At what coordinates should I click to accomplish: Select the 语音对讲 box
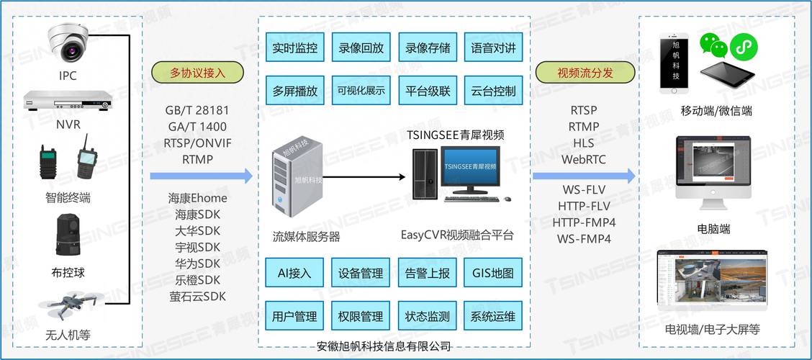click(493, 49)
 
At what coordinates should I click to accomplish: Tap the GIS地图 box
click(493, 274)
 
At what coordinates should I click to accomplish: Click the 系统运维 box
click(493, 317)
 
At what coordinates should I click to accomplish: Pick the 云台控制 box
click(493, 91)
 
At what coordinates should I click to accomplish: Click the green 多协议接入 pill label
click(197, 73)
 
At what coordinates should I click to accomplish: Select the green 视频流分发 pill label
click(585, 73)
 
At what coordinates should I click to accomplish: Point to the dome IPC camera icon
click(68, 42)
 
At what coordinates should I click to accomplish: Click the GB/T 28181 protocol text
click(197, 111)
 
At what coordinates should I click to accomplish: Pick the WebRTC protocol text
click(584, 158)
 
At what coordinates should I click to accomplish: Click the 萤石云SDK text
click(197, 297)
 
